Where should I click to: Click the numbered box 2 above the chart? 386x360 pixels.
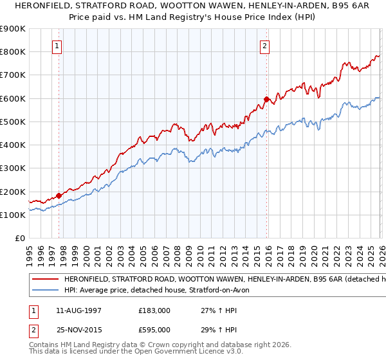(264, 46)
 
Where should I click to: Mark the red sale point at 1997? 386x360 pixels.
(59, 195)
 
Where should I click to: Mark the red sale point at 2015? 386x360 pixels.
(266, 99)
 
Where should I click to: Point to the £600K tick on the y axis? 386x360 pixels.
(13, 98)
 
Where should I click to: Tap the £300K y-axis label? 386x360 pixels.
(13, 168)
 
